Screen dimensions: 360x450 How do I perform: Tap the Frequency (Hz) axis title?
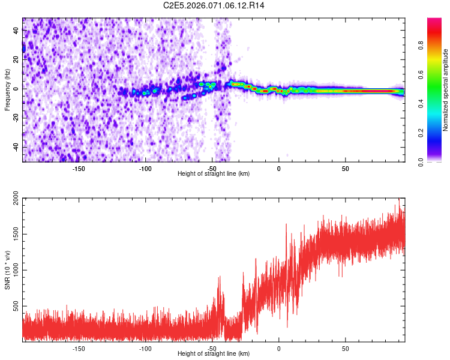[7, 89]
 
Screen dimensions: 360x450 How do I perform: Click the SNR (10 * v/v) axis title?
[7, 269]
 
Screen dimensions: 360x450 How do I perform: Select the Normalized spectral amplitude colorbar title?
[446, 90]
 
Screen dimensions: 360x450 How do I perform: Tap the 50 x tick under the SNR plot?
[346, 347]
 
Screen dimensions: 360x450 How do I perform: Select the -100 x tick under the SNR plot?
[145, 347]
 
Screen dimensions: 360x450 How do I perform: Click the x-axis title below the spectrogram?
[214, 173]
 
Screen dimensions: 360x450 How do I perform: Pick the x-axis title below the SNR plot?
[214, 354]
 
